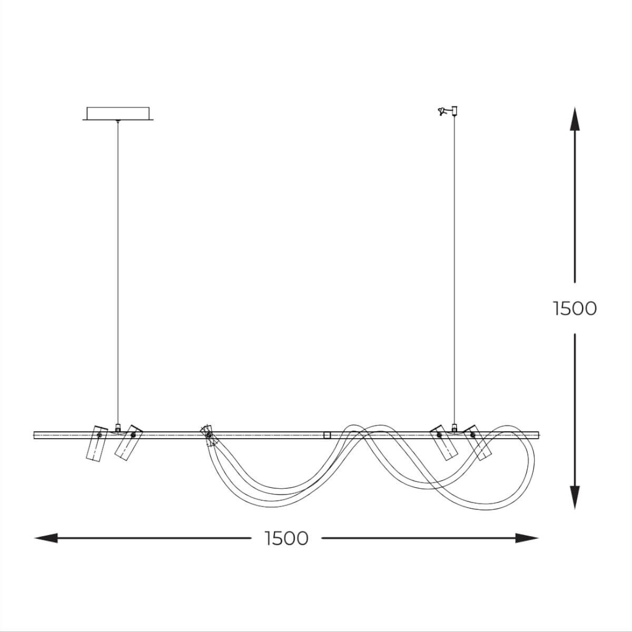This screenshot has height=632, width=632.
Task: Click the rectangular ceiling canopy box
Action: click(118, 113)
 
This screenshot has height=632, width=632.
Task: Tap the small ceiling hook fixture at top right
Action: click(448, 111)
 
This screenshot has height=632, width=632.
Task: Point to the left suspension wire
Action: click(118, 273)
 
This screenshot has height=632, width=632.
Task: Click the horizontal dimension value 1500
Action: click(287, 538)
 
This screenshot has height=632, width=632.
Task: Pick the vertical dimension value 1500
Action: click(575, 309)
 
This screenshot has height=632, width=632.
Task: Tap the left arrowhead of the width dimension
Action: click(46, 538)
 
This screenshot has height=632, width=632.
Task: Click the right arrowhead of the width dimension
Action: click(527, 538)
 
